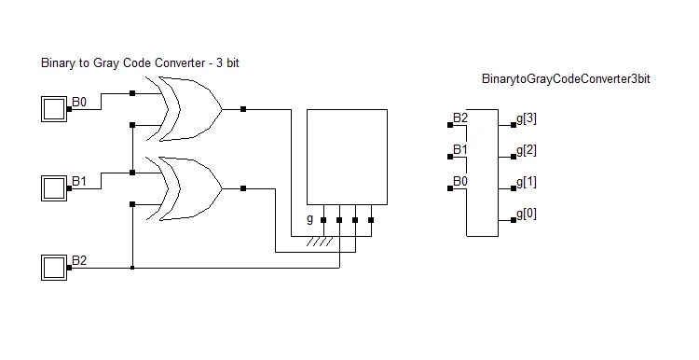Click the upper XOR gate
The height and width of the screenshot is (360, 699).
[x=192, y=109]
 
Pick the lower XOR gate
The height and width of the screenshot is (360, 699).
[x=192, y=187]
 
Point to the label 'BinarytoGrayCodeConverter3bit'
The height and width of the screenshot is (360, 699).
[x=565, y=80]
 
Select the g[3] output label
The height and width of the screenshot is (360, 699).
[x=527, y=118]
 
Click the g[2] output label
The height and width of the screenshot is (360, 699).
[x=527, y=150]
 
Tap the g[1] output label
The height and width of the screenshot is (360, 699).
[x=527, y=182]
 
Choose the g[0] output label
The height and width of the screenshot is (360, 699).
[x=527, y=215]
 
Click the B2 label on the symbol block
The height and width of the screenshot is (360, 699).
[x=460, y=118]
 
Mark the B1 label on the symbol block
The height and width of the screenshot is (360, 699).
[x=460, y=149]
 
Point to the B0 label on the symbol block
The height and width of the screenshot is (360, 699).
[x=460, y=181]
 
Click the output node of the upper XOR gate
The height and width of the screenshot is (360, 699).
[x=243, y=109]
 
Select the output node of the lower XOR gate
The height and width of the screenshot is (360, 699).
[x=243, y=188]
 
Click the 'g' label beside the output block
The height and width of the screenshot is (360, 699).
[x=309, y=220]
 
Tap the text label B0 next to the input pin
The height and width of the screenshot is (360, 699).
[x=80, y=102]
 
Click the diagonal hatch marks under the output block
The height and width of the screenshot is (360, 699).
[x=322, y=242]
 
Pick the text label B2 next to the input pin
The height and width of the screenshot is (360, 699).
[x=80, y=259]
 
